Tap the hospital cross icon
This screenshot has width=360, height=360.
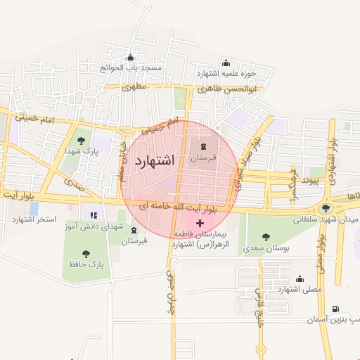pos(200,223)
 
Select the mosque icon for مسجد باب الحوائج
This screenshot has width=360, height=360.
pos(129,58)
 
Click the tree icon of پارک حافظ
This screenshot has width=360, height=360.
pos(86,253)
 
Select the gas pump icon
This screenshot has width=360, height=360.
pos(334,309)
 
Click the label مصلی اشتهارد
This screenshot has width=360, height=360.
pos(300,289)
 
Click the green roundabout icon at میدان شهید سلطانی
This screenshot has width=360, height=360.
pos(326,208)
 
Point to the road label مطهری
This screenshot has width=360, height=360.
pos(133,88)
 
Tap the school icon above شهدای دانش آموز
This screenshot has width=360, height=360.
pos(93,215)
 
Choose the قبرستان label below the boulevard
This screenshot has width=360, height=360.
pos(134,240)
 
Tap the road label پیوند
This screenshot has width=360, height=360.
pos(310,181)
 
